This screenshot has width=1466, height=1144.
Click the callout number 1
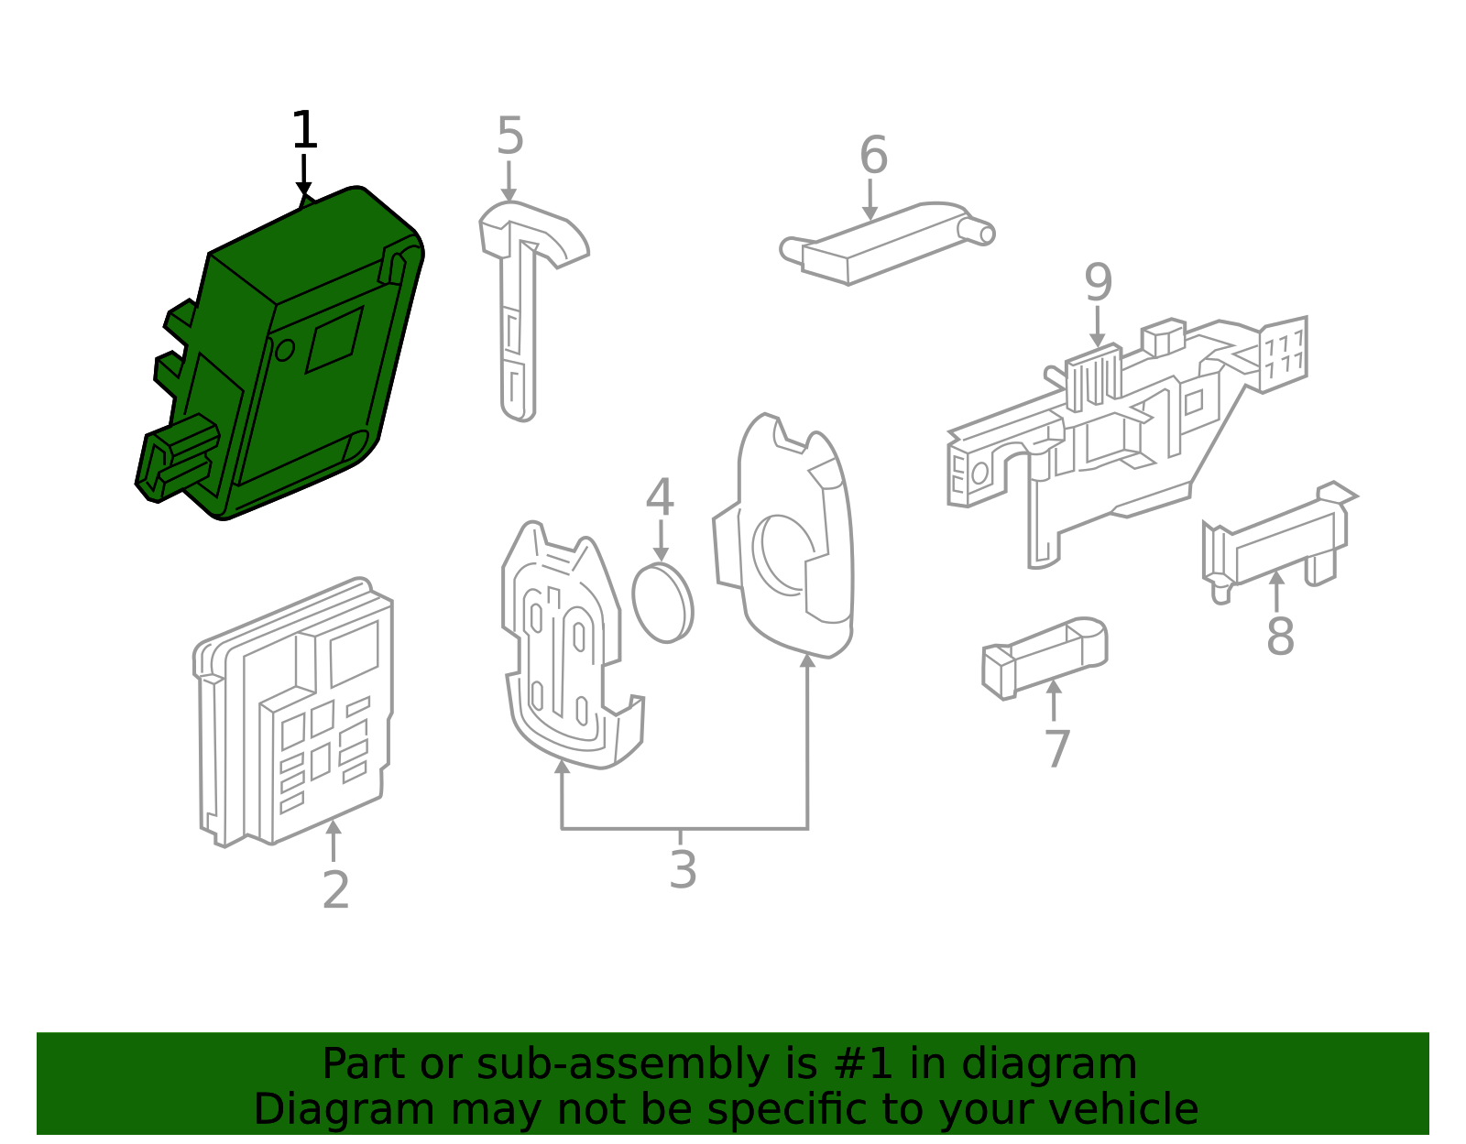(304, 131)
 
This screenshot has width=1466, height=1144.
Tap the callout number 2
(335, 889)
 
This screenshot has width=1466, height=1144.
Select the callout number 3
(683, 869)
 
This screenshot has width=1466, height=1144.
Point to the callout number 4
(660, 498)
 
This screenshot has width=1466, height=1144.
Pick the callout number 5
(509, 137)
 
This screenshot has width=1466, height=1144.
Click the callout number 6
(873, 156)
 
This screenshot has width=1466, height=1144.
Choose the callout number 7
(1056, 748)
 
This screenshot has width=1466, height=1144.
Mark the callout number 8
(1280, 636)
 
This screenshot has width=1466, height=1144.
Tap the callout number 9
(1098, 283)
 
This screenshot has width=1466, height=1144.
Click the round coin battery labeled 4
(662, 603)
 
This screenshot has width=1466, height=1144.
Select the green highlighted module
(284, 357)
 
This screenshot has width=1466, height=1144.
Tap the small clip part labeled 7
(1045, 658)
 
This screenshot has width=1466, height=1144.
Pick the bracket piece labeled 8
(1278, 540)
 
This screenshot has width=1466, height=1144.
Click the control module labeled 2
(293, 714)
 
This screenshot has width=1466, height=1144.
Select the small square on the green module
(334, 339)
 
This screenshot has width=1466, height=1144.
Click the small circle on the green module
(284, 349)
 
